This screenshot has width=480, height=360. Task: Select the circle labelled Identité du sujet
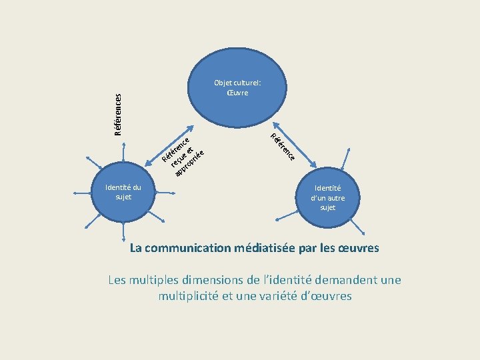click(x=123, y=192)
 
